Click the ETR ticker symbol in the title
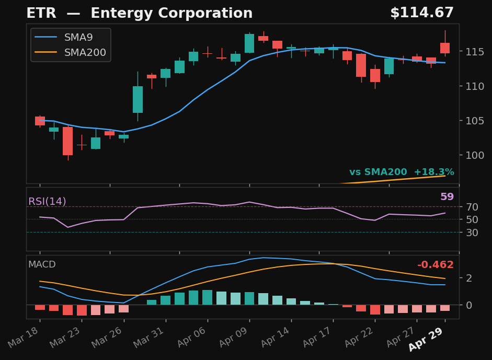pos(41,14)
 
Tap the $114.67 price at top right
pos(421,14)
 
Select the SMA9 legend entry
pos(78,38)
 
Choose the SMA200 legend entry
pos(85,52)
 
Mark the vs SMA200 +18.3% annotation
pos(402,172)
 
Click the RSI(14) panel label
pos(47,202)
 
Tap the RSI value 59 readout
pos(447,197)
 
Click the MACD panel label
pos(42,264)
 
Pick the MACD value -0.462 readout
pos(436,265)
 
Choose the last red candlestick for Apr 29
pos(445,48)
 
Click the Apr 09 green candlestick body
pos(249,43)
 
